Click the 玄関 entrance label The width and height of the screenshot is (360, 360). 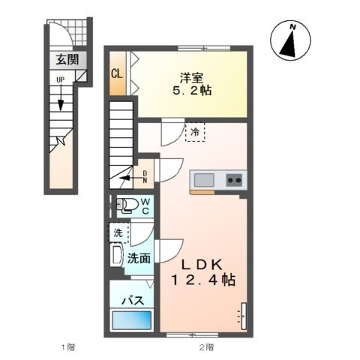tap(67, 59)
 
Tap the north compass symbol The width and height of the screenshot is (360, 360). tap(290, 40)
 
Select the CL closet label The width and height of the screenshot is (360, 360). tap(117, 73)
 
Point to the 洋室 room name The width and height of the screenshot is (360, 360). tap(192, 78)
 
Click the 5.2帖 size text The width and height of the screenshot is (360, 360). tap(192, 91)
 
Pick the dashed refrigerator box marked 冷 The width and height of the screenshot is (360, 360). tap(195, 132)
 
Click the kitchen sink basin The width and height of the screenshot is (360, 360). tap(204, 180)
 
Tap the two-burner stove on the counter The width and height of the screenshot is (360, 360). tap(234, 180)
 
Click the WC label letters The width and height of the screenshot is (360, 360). tap(145, 206)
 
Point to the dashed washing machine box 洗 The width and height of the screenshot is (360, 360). tap(119, 233)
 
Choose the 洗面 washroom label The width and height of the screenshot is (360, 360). tap(139, 258)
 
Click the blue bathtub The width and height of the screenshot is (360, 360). tap(132, 320)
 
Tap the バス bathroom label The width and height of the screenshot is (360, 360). tap(133, 300)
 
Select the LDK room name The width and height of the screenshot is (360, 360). tap(202, 265)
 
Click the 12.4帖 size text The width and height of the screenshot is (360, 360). tap(203, 280)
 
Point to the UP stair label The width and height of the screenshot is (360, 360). tap(60, 79)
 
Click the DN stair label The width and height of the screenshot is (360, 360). tap(145, 177)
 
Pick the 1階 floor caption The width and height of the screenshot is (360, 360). tap(68, 347)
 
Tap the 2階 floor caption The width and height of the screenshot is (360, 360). tap(207, 347)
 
